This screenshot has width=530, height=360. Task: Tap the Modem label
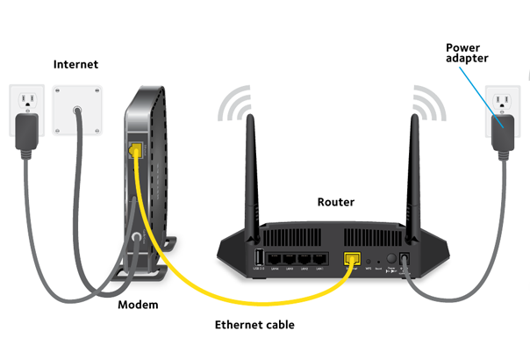coord(138,305)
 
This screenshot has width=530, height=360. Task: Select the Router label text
coord(335,202)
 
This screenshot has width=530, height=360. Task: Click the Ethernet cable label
coord(254,325)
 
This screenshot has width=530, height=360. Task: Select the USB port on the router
coord(260,258)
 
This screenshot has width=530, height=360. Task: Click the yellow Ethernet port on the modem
coord(135,152)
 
